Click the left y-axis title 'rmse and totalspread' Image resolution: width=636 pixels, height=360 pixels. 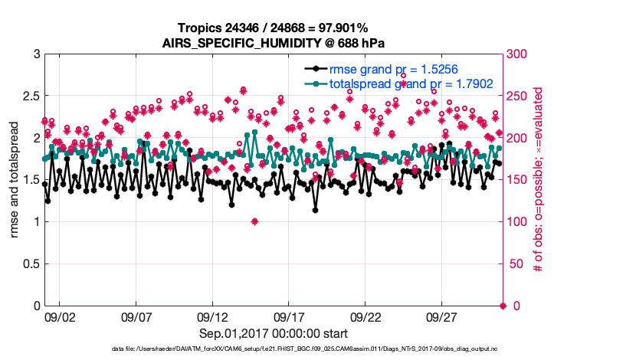tap(15, 180)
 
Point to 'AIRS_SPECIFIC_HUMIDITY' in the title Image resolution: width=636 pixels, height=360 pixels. tap(241, 44)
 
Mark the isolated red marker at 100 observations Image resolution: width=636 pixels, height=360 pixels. tap(254, 222)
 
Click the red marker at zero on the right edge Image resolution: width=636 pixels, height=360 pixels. tap(503, 306)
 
